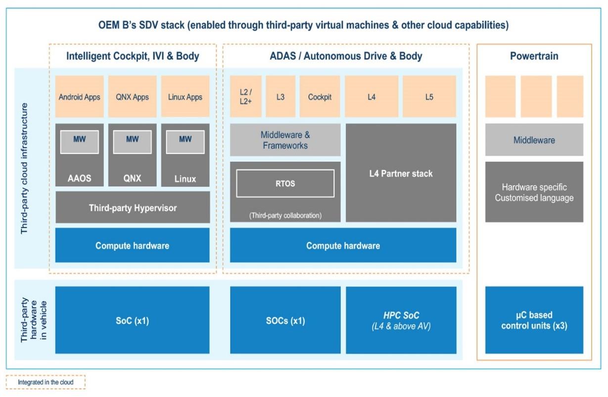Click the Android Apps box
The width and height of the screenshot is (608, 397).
79,97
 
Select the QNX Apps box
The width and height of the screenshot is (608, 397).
132,97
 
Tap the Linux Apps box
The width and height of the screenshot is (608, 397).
185,97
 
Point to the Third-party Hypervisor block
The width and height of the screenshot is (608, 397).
132,208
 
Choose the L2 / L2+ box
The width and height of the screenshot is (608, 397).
245,97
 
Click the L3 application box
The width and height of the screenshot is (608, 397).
280,97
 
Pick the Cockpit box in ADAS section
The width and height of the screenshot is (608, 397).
320,97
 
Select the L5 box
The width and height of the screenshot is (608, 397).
429,97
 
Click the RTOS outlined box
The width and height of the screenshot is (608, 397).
285,184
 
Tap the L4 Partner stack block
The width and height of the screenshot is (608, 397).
401,173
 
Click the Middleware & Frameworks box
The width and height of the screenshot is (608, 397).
285,140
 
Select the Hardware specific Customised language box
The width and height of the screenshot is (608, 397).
534,192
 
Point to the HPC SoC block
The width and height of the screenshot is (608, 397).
401,320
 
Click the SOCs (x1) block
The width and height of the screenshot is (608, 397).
285,320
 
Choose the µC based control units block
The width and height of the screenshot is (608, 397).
534,320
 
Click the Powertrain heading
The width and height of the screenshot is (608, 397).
534,56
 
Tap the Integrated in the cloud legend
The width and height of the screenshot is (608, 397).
46,382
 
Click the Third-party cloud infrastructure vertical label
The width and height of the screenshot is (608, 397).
25,168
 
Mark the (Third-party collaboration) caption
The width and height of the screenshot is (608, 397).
285,215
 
